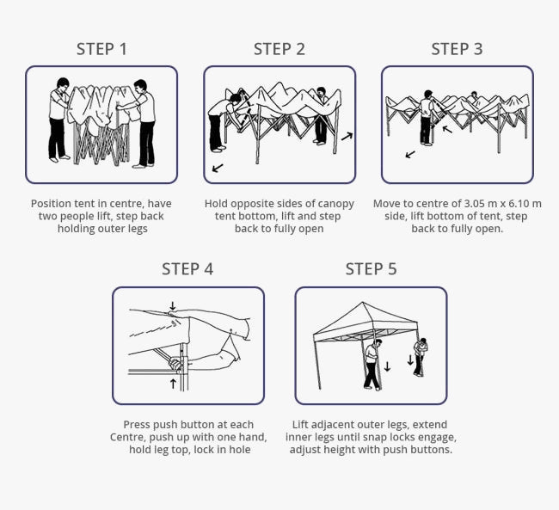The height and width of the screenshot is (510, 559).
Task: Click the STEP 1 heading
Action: [101, 49]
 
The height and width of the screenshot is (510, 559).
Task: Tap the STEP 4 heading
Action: [187, 269]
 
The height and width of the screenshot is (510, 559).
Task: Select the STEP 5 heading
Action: [371, 269]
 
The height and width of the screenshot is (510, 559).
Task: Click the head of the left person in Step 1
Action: [62, 83]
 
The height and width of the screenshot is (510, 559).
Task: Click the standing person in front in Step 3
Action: [426, 119]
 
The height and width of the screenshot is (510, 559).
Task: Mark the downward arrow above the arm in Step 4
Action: [172, 305]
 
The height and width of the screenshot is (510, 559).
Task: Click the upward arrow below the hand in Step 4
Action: [173, 383]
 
